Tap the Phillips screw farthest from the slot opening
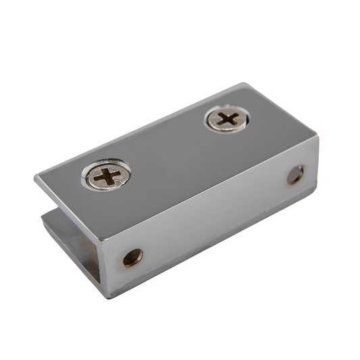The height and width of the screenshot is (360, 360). (x=228, y=120)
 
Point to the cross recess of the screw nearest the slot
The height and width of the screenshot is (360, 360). (x=107, y=177)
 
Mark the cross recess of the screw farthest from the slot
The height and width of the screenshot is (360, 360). (x=228, y=120)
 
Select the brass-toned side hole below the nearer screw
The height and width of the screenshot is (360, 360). (x=132, y=257)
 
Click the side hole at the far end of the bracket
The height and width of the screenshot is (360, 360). (x=295, y=176)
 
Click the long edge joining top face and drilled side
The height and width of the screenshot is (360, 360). (x=209, y=188)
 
